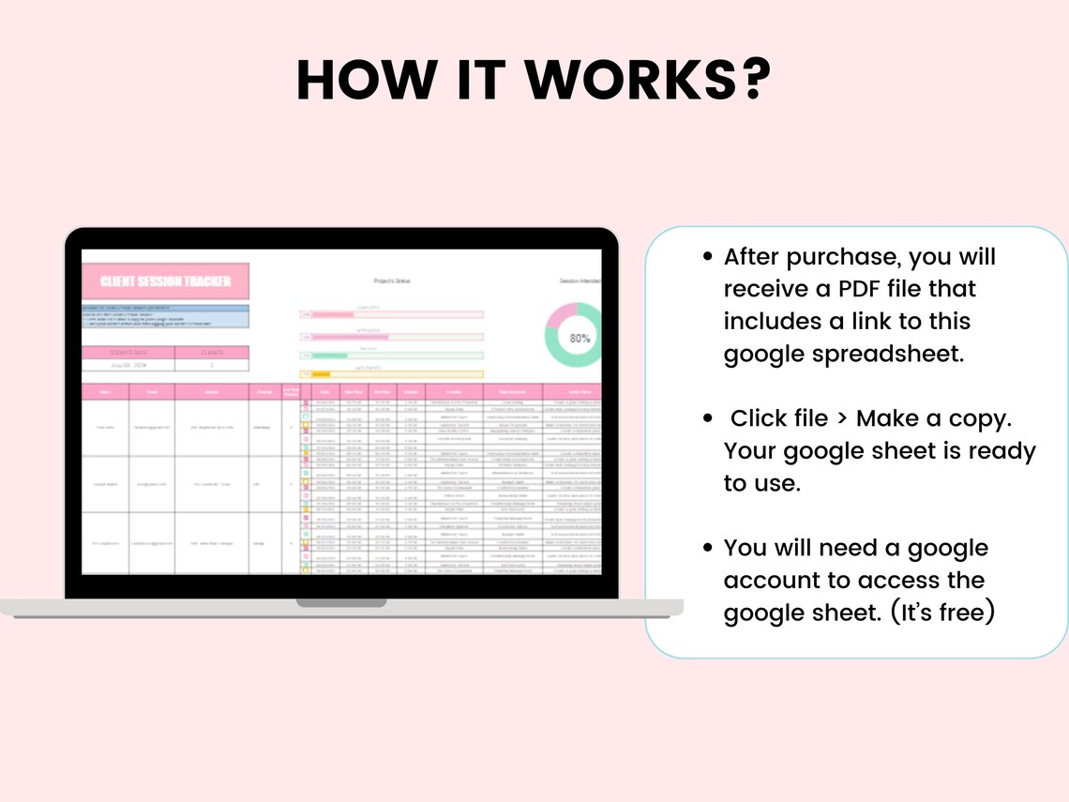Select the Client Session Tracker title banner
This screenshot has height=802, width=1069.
point(165,281)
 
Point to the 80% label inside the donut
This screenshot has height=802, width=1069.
point(580,338)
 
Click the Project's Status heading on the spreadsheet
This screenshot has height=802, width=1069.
point(392,281)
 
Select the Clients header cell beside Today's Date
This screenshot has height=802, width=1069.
point(212,353)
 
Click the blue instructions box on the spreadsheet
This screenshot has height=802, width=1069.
point(165,316)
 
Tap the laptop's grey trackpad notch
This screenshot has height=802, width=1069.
point(341,602)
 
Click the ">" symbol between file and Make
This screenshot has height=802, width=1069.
point(842,418)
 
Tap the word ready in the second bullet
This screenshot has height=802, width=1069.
point(1000,451)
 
